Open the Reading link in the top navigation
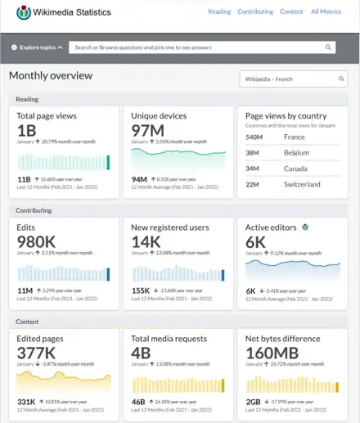[219, 12]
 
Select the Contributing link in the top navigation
[255, 12]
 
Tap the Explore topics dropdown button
[37, 47]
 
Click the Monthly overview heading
[51, 76]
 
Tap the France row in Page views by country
[295, 137]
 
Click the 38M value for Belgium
[254, 153]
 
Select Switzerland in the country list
[303, 184]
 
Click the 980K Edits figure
[37, 242]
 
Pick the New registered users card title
[170, 227]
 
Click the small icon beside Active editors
[306, 227]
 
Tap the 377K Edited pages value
[37, 353]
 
